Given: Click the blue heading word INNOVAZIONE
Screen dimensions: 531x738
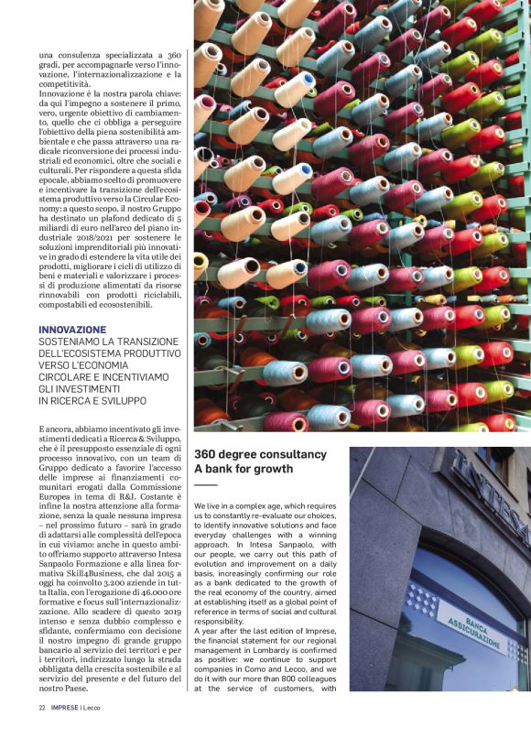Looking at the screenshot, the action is (72, 330).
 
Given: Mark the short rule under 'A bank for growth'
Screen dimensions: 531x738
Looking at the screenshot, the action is (205, 484).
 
